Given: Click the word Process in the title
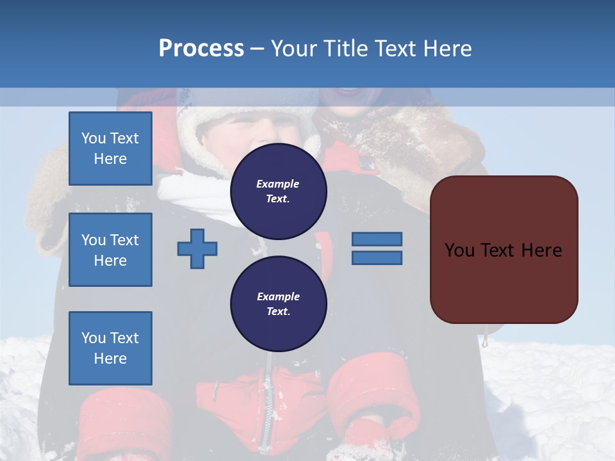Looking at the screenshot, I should [201, 49].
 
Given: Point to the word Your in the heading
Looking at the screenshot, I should [295, 49].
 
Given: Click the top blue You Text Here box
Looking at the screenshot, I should [110, 149].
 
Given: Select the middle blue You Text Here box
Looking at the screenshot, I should [110, 250].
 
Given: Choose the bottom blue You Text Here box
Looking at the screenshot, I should [110, 348].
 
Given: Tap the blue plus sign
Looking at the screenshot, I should [197, 248].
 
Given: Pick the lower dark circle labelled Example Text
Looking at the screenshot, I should [279, 304].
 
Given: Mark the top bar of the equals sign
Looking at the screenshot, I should [377, 239].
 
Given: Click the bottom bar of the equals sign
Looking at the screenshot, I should [377, 258].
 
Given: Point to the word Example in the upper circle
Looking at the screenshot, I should [278, 184].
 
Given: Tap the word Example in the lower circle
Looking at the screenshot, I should [278, 297].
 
